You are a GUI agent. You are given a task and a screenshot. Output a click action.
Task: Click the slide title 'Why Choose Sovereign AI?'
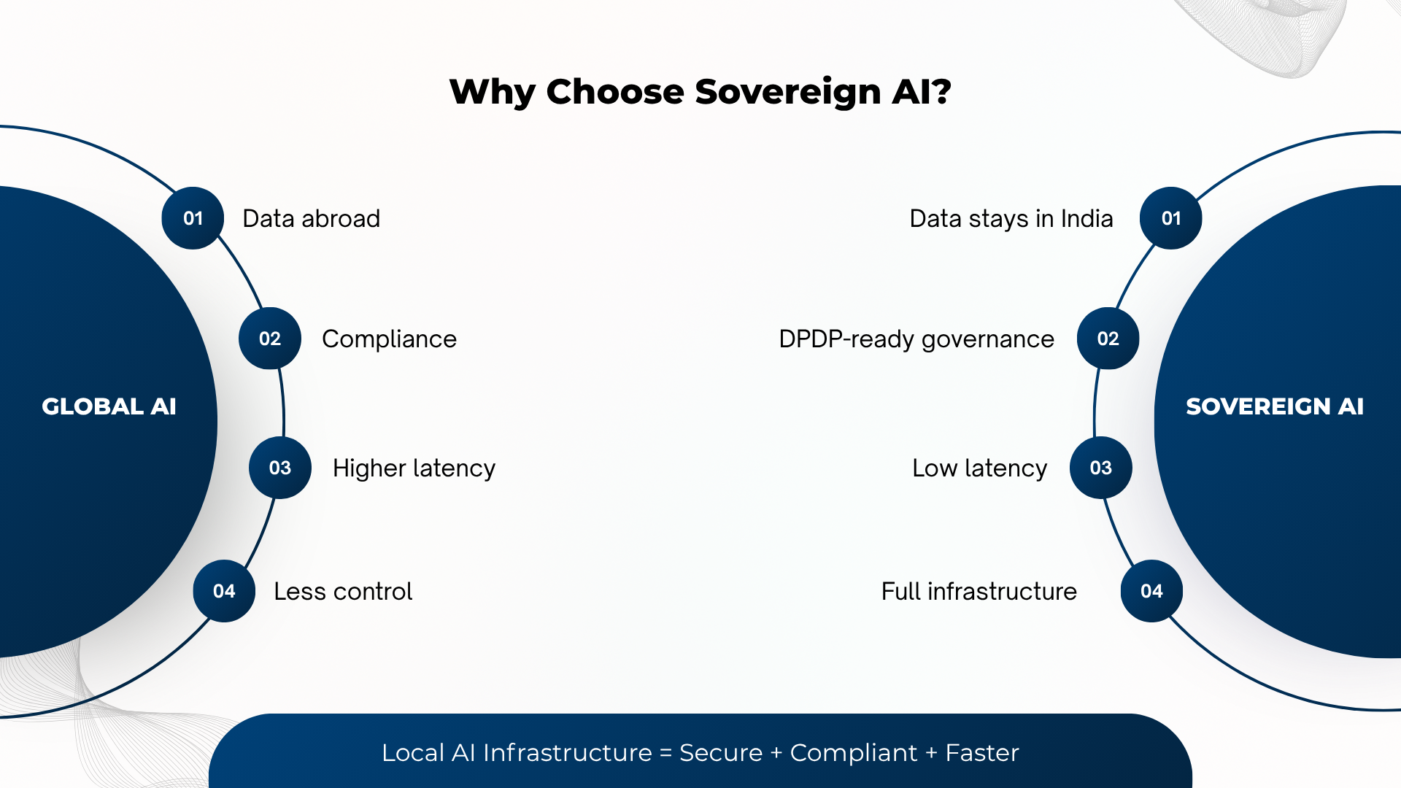[x=700, y=92]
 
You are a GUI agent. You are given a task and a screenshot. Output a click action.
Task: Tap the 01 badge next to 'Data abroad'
[x=193, y=218]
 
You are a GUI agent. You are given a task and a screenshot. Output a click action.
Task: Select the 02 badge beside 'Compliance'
[x=270, y=339]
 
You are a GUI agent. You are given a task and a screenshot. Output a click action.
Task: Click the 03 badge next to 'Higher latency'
[x=280, y=468]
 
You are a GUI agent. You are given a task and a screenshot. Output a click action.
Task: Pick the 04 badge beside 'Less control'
[x=224, y=591]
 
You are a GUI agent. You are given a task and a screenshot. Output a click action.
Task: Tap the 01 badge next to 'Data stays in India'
[x=1171, y=218]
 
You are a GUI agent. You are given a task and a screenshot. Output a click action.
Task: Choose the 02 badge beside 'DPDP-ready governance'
[x=1108, y=339]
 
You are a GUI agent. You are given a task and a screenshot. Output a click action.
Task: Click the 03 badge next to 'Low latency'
[x=1101, y=468]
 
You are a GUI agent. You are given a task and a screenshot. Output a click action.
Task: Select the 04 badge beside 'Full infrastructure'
[x=1152, y=591]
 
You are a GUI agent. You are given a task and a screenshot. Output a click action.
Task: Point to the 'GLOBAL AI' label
[x=109, y=406]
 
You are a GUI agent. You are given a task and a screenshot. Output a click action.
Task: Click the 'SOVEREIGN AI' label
[x=1275, y=406]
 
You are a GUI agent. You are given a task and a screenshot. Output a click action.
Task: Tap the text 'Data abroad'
[x=312, y=219]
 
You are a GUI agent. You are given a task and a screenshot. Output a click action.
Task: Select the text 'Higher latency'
[x=414, y=468]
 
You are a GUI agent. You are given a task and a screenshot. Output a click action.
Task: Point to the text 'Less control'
[x=343, y=592]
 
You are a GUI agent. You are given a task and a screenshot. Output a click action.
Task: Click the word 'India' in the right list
[x=1087, y=219]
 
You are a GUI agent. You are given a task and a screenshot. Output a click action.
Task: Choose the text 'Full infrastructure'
[x=979, y=592]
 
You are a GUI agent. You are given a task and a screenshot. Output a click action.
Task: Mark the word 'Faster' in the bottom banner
[x=982, y=753]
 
